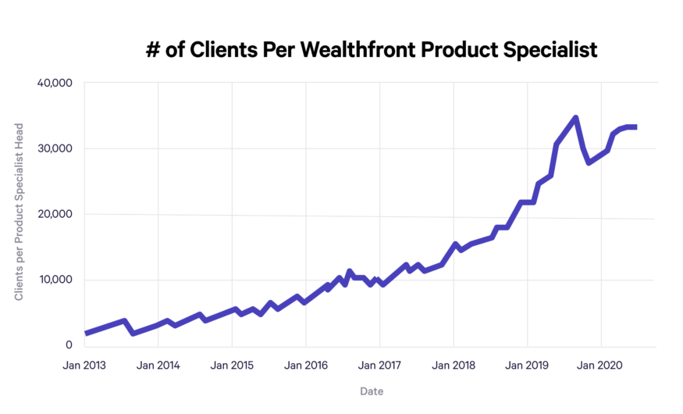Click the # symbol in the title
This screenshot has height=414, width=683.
[x=153, y=49]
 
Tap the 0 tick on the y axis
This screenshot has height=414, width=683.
[x=69, y=345]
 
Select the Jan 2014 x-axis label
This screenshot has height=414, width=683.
[x=158, y=365]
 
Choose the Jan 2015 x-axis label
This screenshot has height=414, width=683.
[x=232, y=365]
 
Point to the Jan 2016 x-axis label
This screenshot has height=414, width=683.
[x=306, y=365]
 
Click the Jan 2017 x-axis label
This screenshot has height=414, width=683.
[x=379, y=365]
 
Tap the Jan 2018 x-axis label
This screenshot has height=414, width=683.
[x=454, y=365]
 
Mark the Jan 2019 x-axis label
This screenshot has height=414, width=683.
[x=528, y=365]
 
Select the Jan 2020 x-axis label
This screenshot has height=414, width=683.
[x=601, y=365]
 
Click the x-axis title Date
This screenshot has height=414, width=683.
[x=372, y=391]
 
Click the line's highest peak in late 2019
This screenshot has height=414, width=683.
[x=575, y=118]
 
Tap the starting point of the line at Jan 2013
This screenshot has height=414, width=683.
[x=86, y=333]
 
